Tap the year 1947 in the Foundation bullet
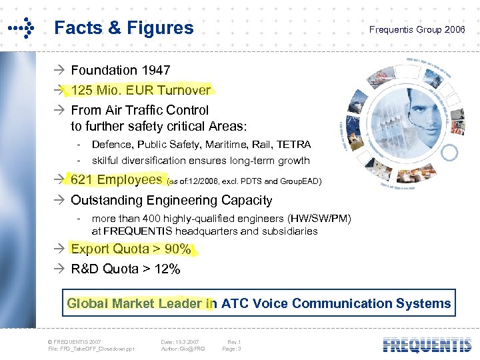point(155,70)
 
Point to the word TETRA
point(293,144)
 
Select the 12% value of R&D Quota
point(167,269)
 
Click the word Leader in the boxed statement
point(181,303)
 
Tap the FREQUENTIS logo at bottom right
point(427,345)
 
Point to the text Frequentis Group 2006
point(417,30)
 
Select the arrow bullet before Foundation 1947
point(61,70)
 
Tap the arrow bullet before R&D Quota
point(61,269)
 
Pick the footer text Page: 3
point(231,348)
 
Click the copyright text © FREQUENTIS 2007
point(74,341)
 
